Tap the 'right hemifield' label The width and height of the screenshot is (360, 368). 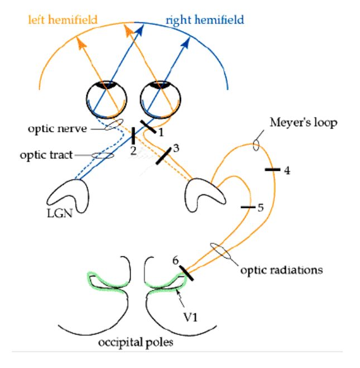click(204, 20)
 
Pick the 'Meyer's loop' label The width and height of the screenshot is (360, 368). click(303, 122)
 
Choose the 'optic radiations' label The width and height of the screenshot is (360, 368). click(281, 270)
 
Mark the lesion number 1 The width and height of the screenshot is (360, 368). click(161, 132)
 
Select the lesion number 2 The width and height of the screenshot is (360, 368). click(134, 150)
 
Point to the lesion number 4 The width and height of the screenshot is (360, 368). click(287, 170)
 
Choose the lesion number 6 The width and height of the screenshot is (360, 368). click(176, 260)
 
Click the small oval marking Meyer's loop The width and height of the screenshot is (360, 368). click(256, 145)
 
